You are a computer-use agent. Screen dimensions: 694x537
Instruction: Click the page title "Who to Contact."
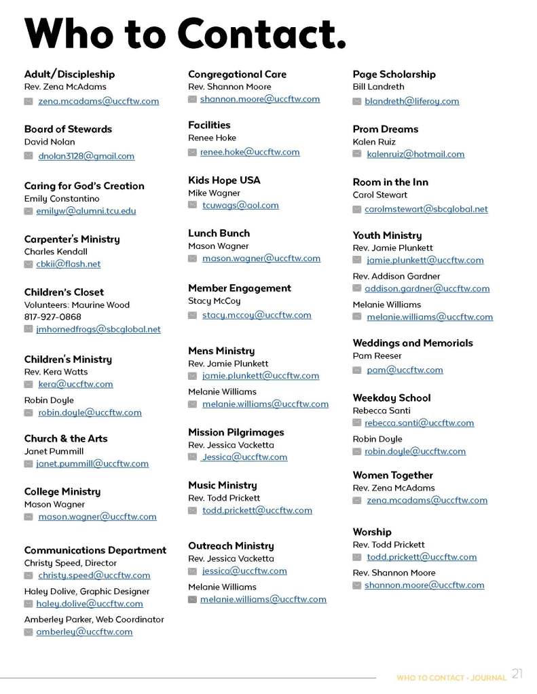point(185,33)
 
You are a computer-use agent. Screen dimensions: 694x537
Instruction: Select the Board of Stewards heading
point(68,129)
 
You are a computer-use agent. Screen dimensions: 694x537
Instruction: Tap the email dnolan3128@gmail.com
point(86,156)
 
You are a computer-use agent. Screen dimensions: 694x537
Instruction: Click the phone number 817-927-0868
point(52,317)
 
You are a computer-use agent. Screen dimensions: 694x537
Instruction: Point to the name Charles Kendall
point(56,252)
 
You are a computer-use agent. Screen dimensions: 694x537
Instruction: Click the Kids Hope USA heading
point(224,180)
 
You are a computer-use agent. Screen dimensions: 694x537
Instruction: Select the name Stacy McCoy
point(214,301)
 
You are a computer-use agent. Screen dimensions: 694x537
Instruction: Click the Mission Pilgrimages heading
point(236,432)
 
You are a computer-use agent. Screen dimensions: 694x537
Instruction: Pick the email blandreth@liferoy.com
point(411,101)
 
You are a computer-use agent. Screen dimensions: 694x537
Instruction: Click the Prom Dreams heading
point(385,129)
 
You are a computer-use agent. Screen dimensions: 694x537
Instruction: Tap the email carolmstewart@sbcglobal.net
point(426,209)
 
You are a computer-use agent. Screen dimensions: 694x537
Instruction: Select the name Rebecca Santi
point(382,410)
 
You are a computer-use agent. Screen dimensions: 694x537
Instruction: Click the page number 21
point(517,674)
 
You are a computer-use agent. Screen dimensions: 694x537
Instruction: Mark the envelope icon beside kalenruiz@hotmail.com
point(357,155)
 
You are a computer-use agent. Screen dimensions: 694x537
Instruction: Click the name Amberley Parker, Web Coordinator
point(94,619)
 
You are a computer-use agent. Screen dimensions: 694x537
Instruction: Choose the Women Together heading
point(392,475)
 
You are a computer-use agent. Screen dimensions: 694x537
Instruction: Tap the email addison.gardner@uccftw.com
point(426,288)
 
